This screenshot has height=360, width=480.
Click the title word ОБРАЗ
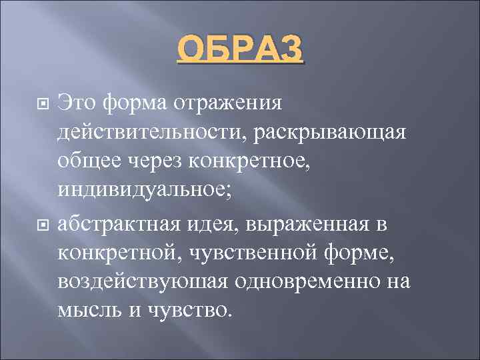coord(239,51)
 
